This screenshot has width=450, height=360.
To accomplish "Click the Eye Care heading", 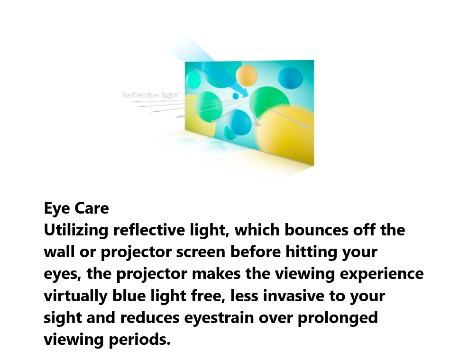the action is coord(76,208).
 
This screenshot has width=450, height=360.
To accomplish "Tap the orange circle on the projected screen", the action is coord(247,76).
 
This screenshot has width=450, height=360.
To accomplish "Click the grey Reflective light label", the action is coord(150,95).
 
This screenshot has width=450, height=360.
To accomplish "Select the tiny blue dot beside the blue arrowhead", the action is coord(235,96).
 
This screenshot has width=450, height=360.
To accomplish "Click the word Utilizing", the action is coord(76,230).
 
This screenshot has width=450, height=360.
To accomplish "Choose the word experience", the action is coord(382,274).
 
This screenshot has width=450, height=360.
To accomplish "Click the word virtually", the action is coord(75,296).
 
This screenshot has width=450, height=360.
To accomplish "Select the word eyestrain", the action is coord(219,318).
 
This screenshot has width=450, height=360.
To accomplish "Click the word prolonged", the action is coord(338,318).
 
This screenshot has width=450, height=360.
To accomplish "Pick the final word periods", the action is coord(140,340).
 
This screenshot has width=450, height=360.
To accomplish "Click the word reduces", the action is coord(150,318).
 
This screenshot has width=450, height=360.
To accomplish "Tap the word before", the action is coord(256,252).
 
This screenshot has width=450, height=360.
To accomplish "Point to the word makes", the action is coord(216,274).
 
